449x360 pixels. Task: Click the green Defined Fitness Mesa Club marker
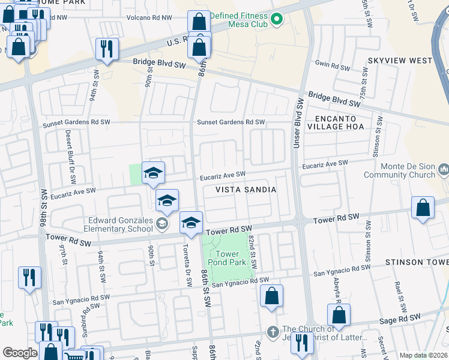pyautogui.click(x=276, y=20)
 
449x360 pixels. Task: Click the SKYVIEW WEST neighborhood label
pyautogui.click(x=400, y=61)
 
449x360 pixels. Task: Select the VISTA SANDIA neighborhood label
pyautogui.click(x=246, y=190)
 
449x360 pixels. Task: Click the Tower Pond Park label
pyautogui.click(x=223, y=258)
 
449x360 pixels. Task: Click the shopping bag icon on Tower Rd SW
pyautogui.click(x=423, y=208)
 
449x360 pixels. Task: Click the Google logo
pyautogui.click(x=19, y=353)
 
